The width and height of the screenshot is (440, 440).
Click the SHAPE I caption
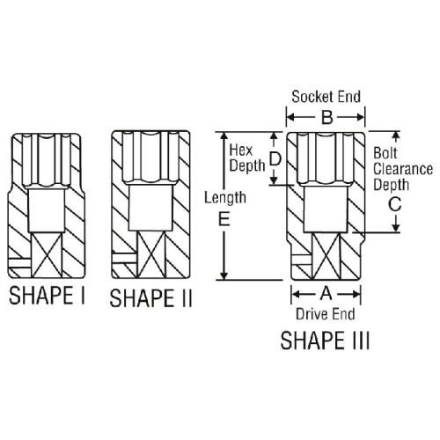point(47,295)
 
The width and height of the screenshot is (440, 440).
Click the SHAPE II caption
point(150,298)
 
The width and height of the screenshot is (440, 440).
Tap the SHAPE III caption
point(325,341)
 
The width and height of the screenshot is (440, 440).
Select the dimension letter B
point(326,118)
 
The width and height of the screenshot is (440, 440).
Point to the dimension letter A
point(326,294)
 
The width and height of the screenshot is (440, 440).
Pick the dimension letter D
point(275,159)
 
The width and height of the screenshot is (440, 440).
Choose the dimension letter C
point(395,204)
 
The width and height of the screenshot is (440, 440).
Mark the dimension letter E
point(224,219)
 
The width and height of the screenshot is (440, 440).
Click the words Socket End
point(326,97)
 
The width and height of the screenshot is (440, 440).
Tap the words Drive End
point(326,314)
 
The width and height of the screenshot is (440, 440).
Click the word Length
point(225,198)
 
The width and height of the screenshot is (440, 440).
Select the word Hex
point(241,150)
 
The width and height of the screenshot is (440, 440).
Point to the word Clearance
point(403,169)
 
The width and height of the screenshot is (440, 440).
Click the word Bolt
point(385,153)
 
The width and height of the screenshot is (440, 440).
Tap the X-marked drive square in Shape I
point(47,255)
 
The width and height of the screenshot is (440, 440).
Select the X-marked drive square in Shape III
point(326,256)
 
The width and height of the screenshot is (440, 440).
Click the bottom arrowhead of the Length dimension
point(224,275)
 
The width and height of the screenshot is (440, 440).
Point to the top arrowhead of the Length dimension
point(224,136)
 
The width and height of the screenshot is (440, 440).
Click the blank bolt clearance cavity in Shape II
point(150,208)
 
